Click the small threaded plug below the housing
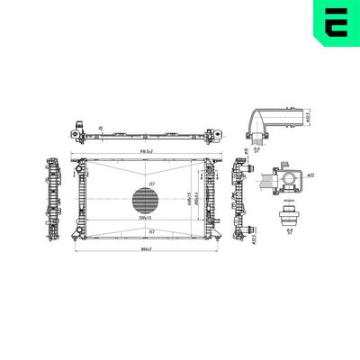tap(289, 217)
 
